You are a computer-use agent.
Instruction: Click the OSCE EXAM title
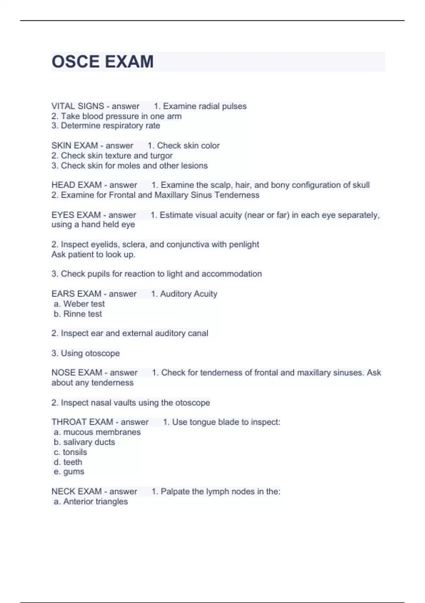pos(103,62)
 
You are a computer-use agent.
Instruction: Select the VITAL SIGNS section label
pos(78,106)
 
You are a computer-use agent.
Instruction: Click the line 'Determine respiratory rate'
pos(110,126)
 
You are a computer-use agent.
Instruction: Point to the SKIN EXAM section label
pos(75,145)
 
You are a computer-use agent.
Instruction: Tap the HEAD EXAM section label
pos(76,185)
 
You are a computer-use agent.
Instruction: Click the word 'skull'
pos(361,185)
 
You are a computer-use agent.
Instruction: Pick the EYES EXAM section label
pos(76,215)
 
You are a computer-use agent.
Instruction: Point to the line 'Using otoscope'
pos(90,353)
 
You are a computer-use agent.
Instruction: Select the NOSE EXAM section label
pos(77,372)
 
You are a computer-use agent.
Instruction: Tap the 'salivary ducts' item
pos(89,442)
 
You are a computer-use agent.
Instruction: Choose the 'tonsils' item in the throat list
pos(75,452)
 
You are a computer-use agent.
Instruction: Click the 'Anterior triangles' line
pos(95,502)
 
